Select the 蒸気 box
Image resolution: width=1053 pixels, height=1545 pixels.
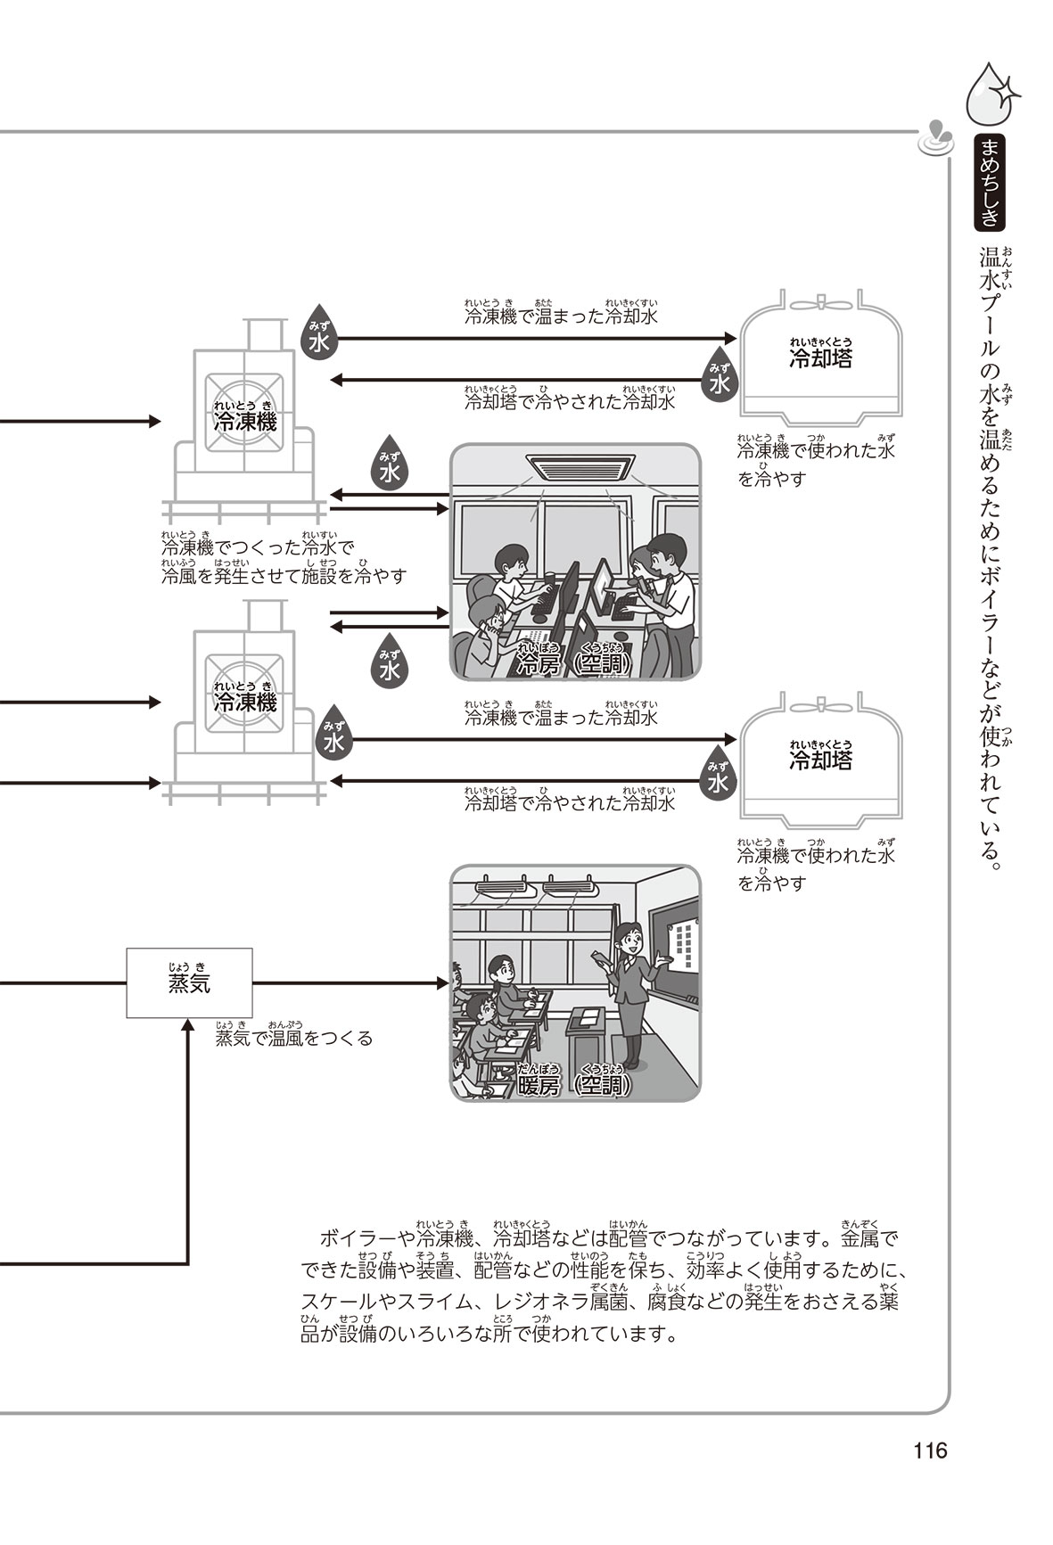[189, 982]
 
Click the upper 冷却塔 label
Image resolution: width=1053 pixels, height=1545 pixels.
[820, 358]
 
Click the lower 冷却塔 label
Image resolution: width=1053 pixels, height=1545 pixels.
[820, 760]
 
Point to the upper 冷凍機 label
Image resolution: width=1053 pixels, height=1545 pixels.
[244, 422]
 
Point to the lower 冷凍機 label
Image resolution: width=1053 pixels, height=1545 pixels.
[244, 702]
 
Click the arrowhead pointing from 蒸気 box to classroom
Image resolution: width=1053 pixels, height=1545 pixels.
[441, 983]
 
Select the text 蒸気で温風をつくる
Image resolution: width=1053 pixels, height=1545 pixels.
[294, 1039]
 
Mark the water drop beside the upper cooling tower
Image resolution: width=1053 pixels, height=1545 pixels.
[719, 380]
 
